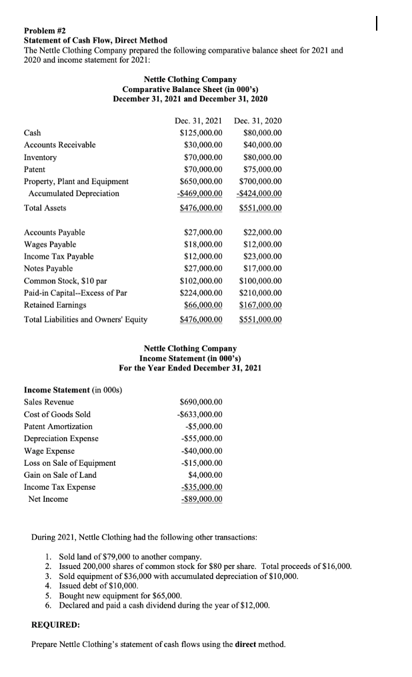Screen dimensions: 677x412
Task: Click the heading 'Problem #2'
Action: [x=43, y=31]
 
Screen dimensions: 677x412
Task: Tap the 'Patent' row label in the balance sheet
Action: [x=35, y=169]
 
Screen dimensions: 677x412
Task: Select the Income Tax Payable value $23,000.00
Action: [x=262, y=257]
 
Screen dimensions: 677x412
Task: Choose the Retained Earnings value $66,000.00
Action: [x=203, y=305]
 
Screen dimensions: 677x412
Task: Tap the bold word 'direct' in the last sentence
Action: [x=248, y=644]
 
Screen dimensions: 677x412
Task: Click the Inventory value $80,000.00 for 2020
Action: [x=262, y=157]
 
